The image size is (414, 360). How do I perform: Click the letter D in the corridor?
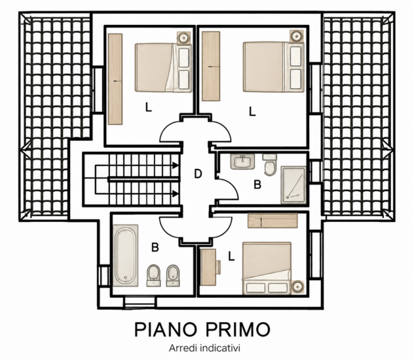198,174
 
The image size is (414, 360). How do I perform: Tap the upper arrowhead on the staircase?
175,166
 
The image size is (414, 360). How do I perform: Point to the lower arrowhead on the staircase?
175,194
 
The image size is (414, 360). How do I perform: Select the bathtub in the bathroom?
126,255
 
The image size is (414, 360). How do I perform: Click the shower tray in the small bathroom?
293,185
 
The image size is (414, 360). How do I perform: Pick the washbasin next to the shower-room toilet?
242,162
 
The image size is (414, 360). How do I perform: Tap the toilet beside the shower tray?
270,165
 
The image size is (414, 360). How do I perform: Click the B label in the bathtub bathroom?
155,247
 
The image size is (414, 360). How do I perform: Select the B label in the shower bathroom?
257,185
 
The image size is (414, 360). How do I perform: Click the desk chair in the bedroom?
219,266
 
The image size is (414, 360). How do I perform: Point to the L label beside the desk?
231,256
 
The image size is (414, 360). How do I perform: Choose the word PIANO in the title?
166,329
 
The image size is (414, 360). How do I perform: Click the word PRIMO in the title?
238,329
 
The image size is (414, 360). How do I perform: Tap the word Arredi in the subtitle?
183,348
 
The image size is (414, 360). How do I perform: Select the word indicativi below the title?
220,348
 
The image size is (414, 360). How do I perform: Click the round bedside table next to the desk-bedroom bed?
298,286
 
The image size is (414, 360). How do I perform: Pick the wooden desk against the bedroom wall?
208,267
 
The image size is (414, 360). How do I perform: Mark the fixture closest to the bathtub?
154,276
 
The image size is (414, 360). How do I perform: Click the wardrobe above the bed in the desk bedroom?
273,221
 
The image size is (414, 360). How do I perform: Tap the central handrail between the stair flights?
144,179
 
